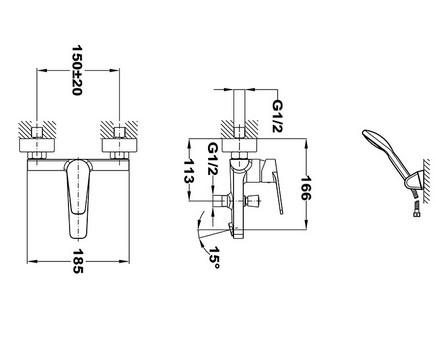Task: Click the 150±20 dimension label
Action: pos(77,71)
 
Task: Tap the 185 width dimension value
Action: pos(78,261)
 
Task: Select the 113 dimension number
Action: pos(189,170)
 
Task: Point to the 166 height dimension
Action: pos(306,188)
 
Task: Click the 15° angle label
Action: pos(214,258)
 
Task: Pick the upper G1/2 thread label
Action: pos(278,116)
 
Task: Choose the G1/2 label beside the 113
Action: pos(213,159)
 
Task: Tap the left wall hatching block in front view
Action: pos(37,129)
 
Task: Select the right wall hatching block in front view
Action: pos(119,129)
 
